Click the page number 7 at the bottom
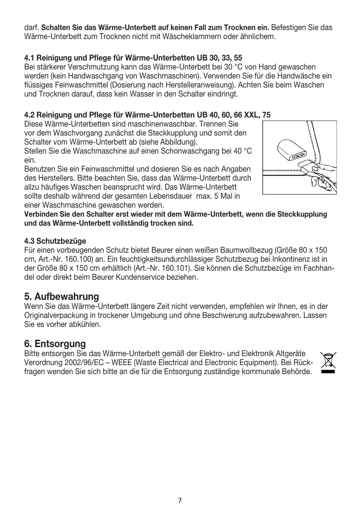[180, 500]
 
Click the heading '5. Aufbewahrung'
[62, 296]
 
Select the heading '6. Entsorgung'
[55, 344]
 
